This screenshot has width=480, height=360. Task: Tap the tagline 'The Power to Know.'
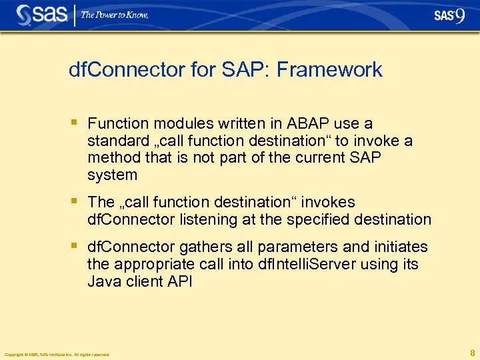pos(115,15)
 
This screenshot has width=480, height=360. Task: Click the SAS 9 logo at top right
pos(449,16)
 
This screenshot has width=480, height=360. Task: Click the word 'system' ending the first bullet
pos(112,176)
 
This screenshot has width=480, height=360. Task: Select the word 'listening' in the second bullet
pos(201,219)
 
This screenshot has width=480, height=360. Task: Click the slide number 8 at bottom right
pos(472,353)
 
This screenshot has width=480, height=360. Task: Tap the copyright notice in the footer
pos(57,355)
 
